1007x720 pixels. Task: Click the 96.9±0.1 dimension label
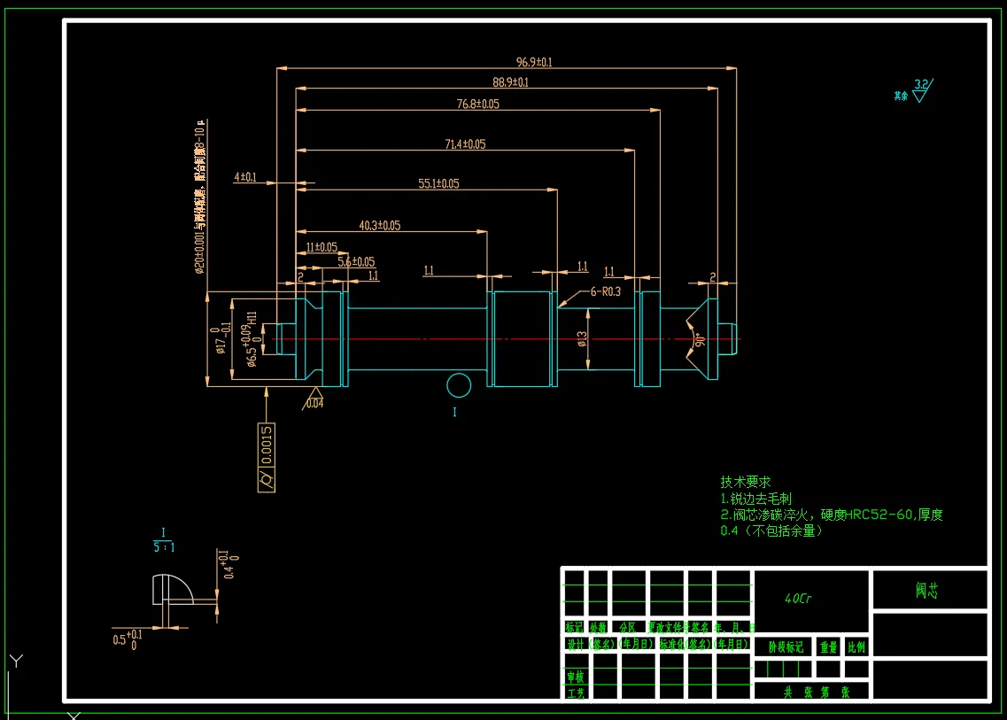pyautogui.click(x=534, y=62)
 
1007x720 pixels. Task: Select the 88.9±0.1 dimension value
pyautogui.click(x=510, y=82)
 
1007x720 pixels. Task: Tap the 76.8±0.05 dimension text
pyautogui.click(x=477, y=105)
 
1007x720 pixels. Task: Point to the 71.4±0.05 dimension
pyautogui.click(x=465, y=143)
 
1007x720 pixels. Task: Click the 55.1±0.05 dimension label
pyautogui.click(x=438, y=183)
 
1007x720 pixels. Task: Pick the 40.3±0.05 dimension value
pyautogui.click(x=379, y=226)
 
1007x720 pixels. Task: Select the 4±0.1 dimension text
pyautogui.click(x=244, y=177)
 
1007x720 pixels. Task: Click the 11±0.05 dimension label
pyautogui.click(x=321, y=247)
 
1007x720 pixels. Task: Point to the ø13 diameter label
pyautogui.click(x=582, y=339)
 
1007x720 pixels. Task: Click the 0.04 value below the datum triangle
pyautogui.click(x=314, y=404)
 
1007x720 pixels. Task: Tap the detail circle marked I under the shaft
pyautogui.click(x=458, y=385)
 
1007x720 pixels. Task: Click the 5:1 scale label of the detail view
pyautogui.click(x=164, y=547)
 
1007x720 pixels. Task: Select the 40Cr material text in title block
pyautogui.click(x=798, y=599)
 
